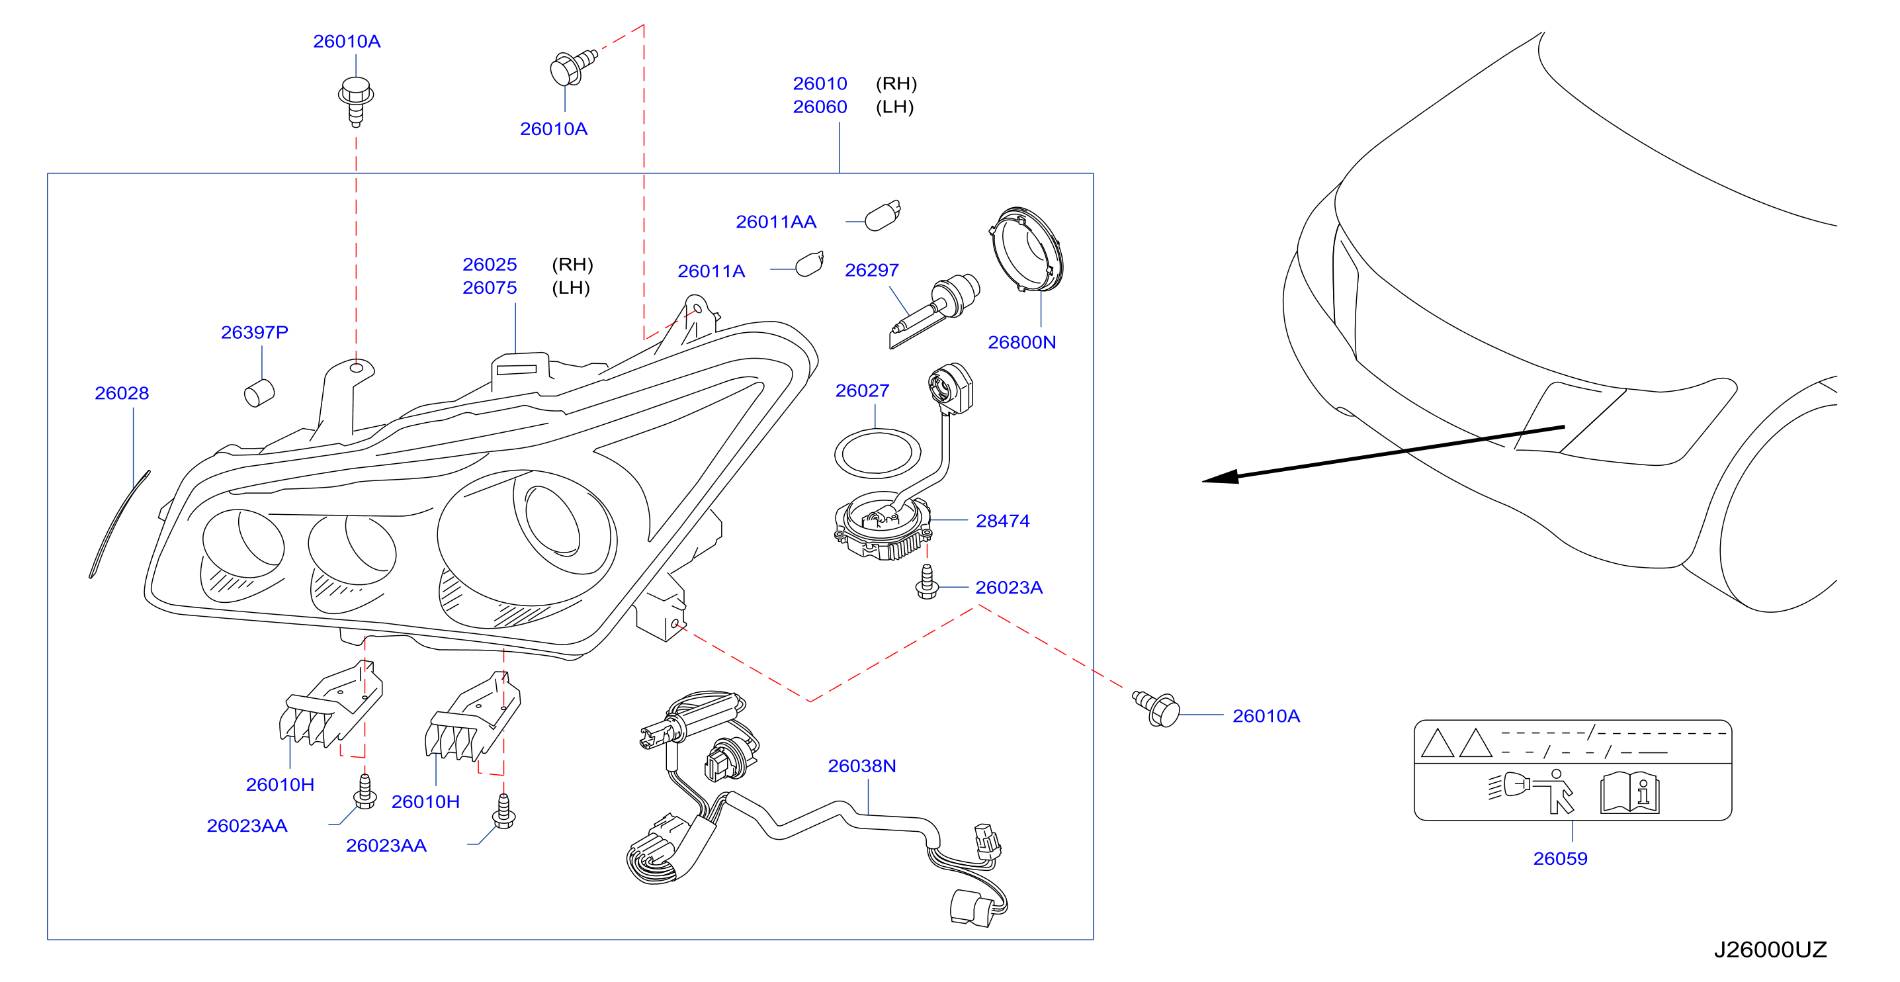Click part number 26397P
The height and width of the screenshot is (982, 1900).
[255, 332]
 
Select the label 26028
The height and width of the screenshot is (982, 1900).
[122, 393]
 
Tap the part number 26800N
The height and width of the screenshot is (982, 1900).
[1021, 342]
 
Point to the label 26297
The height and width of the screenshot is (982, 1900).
[872, 270]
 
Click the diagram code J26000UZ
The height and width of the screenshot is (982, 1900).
[1770, 950]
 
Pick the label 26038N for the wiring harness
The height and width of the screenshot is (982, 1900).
[861, 766]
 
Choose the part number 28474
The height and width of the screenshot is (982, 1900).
[1002, 521]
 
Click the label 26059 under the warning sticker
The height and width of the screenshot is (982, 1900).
[1560, 859]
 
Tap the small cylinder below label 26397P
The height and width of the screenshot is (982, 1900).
[259, 392]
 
